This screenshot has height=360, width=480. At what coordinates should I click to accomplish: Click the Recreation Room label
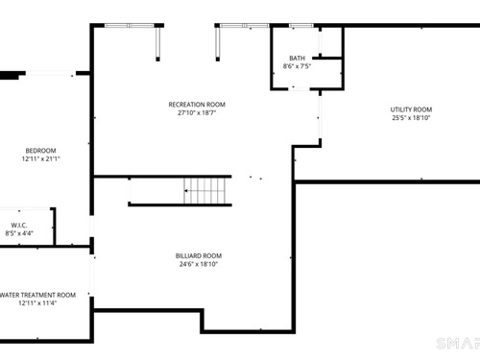click(197, 105)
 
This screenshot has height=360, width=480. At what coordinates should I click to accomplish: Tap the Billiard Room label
click(199, 255)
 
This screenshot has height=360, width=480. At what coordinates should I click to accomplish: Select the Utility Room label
click(411, 109)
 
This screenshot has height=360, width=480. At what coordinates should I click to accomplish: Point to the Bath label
click(297, 59)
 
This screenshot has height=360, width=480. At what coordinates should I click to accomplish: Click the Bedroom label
click(40, 151)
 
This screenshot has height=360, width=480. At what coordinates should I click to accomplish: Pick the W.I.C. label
click(19, 226)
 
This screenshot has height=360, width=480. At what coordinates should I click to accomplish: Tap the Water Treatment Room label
click(37, 295)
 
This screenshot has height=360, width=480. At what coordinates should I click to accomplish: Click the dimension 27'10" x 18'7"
click(197, 112)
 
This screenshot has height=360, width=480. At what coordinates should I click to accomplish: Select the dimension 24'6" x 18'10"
click(199, 264)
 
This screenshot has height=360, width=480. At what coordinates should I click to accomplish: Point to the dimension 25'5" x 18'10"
click(411, 118)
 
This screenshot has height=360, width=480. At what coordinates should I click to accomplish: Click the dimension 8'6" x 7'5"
click(297, 66)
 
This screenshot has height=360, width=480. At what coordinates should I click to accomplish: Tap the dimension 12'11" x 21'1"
click(41, 158)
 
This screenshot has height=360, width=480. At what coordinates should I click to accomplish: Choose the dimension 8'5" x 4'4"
click(19, 233)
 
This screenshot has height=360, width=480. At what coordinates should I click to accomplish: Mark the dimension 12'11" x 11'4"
click(37, 303)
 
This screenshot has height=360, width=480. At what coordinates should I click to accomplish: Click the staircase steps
click(204, 191)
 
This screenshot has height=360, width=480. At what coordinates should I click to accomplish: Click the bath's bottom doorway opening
click(299, 88)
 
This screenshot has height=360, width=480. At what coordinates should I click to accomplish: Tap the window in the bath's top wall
click(301, 26)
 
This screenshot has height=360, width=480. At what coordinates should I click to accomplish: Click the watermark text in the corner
click(458, 344)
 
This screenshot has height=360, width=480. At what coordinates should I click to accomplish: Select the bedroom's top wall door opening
click(51, 74)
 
